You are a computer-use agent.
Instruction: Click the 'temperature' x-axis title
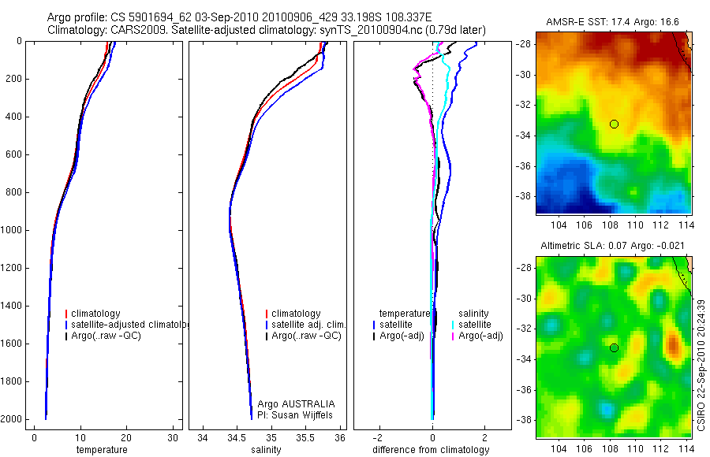point(101,450)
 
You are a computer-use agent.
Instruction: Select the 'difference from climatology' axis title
point(432,450)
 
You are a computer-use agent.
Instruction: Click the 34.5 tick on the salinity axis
point(237,437)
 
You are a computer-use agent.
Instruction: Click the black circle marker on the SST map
point(614,124)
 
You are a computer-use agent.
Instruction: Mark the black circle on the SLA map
point(614,347)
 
